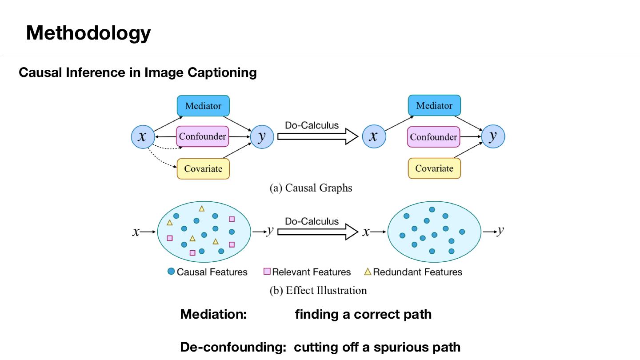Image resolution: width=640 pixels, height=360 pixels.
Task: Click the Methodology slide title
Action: tap(88, 33)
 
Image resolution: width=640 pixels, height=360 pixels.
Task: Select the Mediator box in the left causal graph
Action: tap(203, 106)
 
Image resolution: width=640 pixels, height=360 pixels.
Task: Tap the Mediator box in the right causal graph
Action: tap(434, 106)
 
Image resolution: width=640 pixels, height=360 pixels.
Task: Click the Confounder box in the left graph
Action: tap(203, 136)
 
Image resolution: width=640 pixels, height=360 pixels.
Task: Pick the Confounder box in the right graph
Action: tap(433, 137)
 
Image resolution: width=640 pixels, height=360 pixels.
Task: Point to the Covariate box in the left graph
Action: tap(203, 169)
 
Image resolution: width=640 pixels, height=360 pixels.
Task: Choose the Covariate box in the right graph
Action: tap(434, 168)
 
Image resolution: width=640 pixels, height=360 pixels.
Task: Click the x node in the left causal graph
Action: tap(142, 137)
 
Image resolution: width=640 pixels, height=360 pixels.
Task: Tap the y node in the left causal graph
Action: tap(262, 136)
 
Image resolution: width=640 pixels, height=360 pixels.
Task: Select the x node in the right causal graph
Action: tap(374, 136)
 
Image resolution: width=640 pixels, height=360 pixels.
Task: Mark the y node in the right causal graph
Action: tap(493, 136)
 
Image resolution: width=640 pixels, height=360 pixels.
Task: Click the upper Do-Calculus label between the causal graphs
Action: tap(312, 125)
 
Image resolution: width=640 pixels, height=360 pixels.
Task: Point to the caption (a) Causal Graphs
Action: tap(311, 188)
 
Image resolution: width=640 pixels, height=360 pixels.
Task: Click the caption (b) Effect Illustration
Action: tap(318, 291)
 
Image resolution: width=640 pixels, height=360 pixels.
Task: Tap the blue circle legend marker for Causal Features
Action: tap(171, 271)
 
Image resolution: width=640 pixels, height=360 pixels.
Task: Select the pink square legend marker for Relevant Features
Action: tap(267, 271)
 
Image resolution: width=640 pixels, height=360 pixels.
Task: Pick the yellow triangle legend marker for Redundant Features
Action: tap(368, 272)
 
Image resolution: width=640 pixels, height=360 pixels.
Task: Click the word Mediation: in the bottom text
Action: tap(213, 314)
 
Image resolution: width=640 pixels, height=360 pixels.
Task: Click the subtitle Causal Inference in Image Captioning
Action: tap(138, 72)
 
